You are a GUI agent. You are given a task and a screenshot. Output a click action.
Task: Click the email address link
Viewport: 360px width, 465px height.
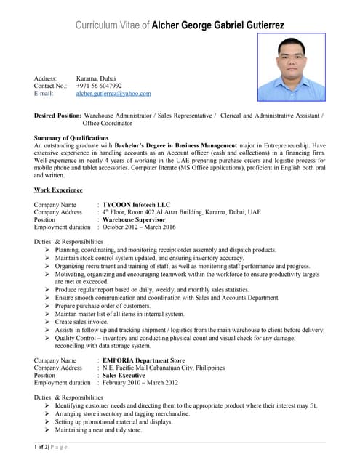click(x=113, y=94)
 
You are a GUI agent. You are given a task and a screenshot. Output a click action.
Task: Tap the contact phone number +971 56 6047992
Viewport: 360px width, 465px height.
click(x=99, y=86)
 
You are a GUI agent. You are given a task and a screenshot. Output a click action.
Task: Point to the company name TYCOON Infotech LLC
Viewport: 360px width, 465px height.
click(x=136, y=205)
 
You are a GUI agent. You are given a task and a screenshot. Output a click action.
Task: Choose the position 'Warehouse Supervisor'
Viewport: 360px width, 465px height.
click(x=135, y=219)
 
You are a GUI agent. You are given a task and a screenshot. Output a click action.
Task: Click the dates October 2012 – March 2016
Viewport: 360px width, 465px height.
click(x=139, y=227)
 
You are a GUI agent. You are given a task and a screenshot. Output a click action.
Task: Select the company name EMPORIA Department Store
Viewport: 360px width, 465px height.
click(x=143, y=360)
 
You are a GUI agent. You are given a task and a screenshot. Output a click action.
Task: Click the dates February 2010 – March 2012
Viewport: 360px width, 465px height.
click(x=140, y=382)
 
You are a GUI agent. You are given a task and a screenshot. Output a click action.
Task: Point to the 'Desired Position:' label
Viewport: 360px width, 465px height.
click(x=58, y=116)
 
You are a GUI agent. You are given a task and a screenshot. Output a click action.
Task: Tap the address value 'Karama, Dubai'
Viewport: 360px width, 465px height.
click(x=95, y=78)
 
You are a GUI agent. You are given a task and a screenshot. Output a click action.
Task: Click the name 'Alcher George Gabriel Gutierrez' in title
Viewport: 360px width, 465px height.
click(x=219, y=25)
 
